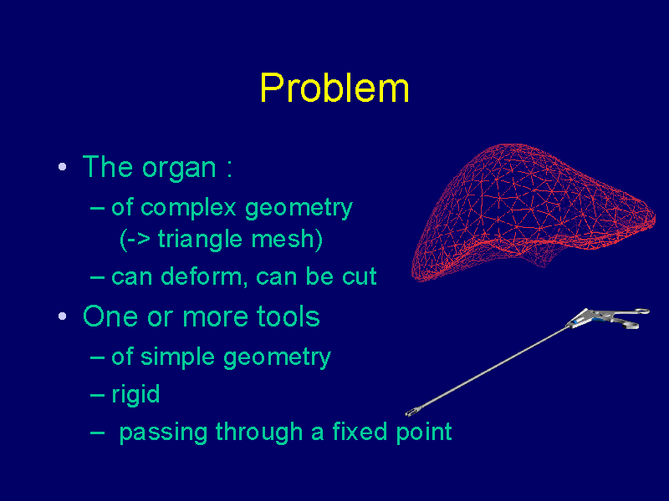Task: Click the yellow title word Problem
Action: coord(334,89)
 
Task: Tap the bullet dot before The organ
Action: coord(62,166)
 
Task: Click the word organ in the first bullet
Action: coord(179,169)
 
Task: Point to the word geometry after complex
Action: coord(299,210)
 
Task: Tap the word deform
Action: coord(205,276)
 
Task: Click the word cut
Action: coord(360,277)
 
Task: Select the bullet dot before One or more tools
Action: coord(62,316)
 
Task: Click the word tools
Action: coord(288,316)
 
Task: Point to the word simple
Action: coord(177,357)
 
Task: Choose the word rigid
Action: coord(135,394)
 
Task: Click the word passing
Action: coord(163,433)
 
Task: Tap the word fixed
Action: coord(360,431)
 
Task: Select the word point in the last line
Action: coord(424,433)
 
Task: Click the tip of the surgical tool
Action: coord(407,412)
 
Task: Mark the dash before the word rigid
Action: coord(97,395)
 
